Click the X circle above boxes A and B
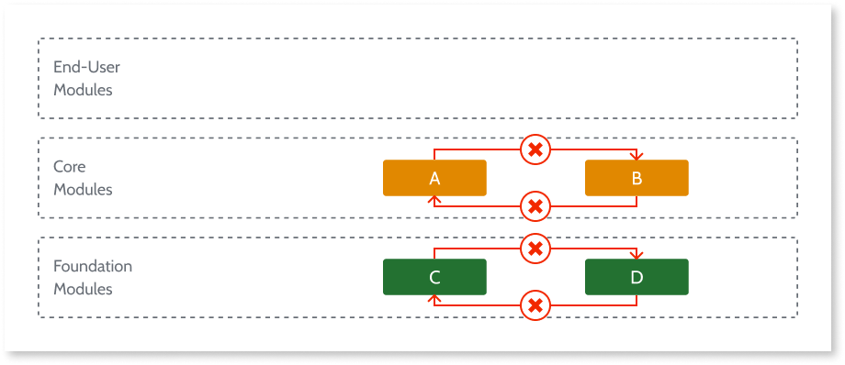(x=535, y=149)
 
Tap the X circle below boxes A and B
(x=535, y=206)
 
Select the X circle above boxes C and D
(x=535, y=248)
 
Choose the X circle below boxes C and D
(x=535, y=305)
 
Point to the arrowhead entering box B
(x=637, y=156)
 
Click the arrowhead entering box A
(x=434, y=200)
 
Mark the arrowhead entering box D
(x=637, y=255)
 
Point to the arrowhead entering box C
(x=434, y=299)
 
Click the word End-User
(x=86, y=67)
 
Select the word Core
(x=70, y=167)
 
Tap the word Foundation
(x=93, y=266)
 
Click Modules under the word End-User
(x=83, y=91)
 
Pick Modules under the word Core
(x=83, y=190)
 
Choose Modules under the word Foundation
(x=83, y=289)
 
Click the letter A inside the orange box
(x=434, y=179)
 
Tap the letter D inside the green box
(x=637, y=277)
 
